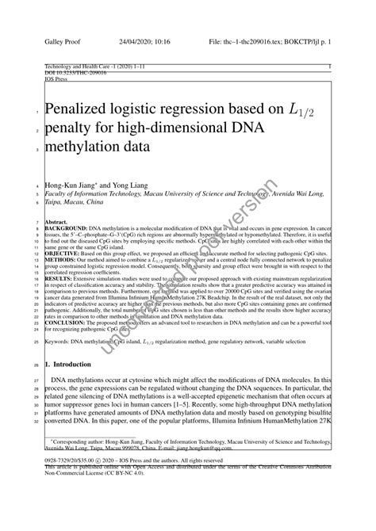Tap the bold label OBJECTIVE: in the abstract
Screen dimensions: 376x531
(65, 251)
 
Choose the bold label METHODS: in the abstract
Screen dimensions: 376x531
(63, 258)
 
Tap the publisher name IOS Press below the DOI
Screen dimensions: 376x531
(58, 80)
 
